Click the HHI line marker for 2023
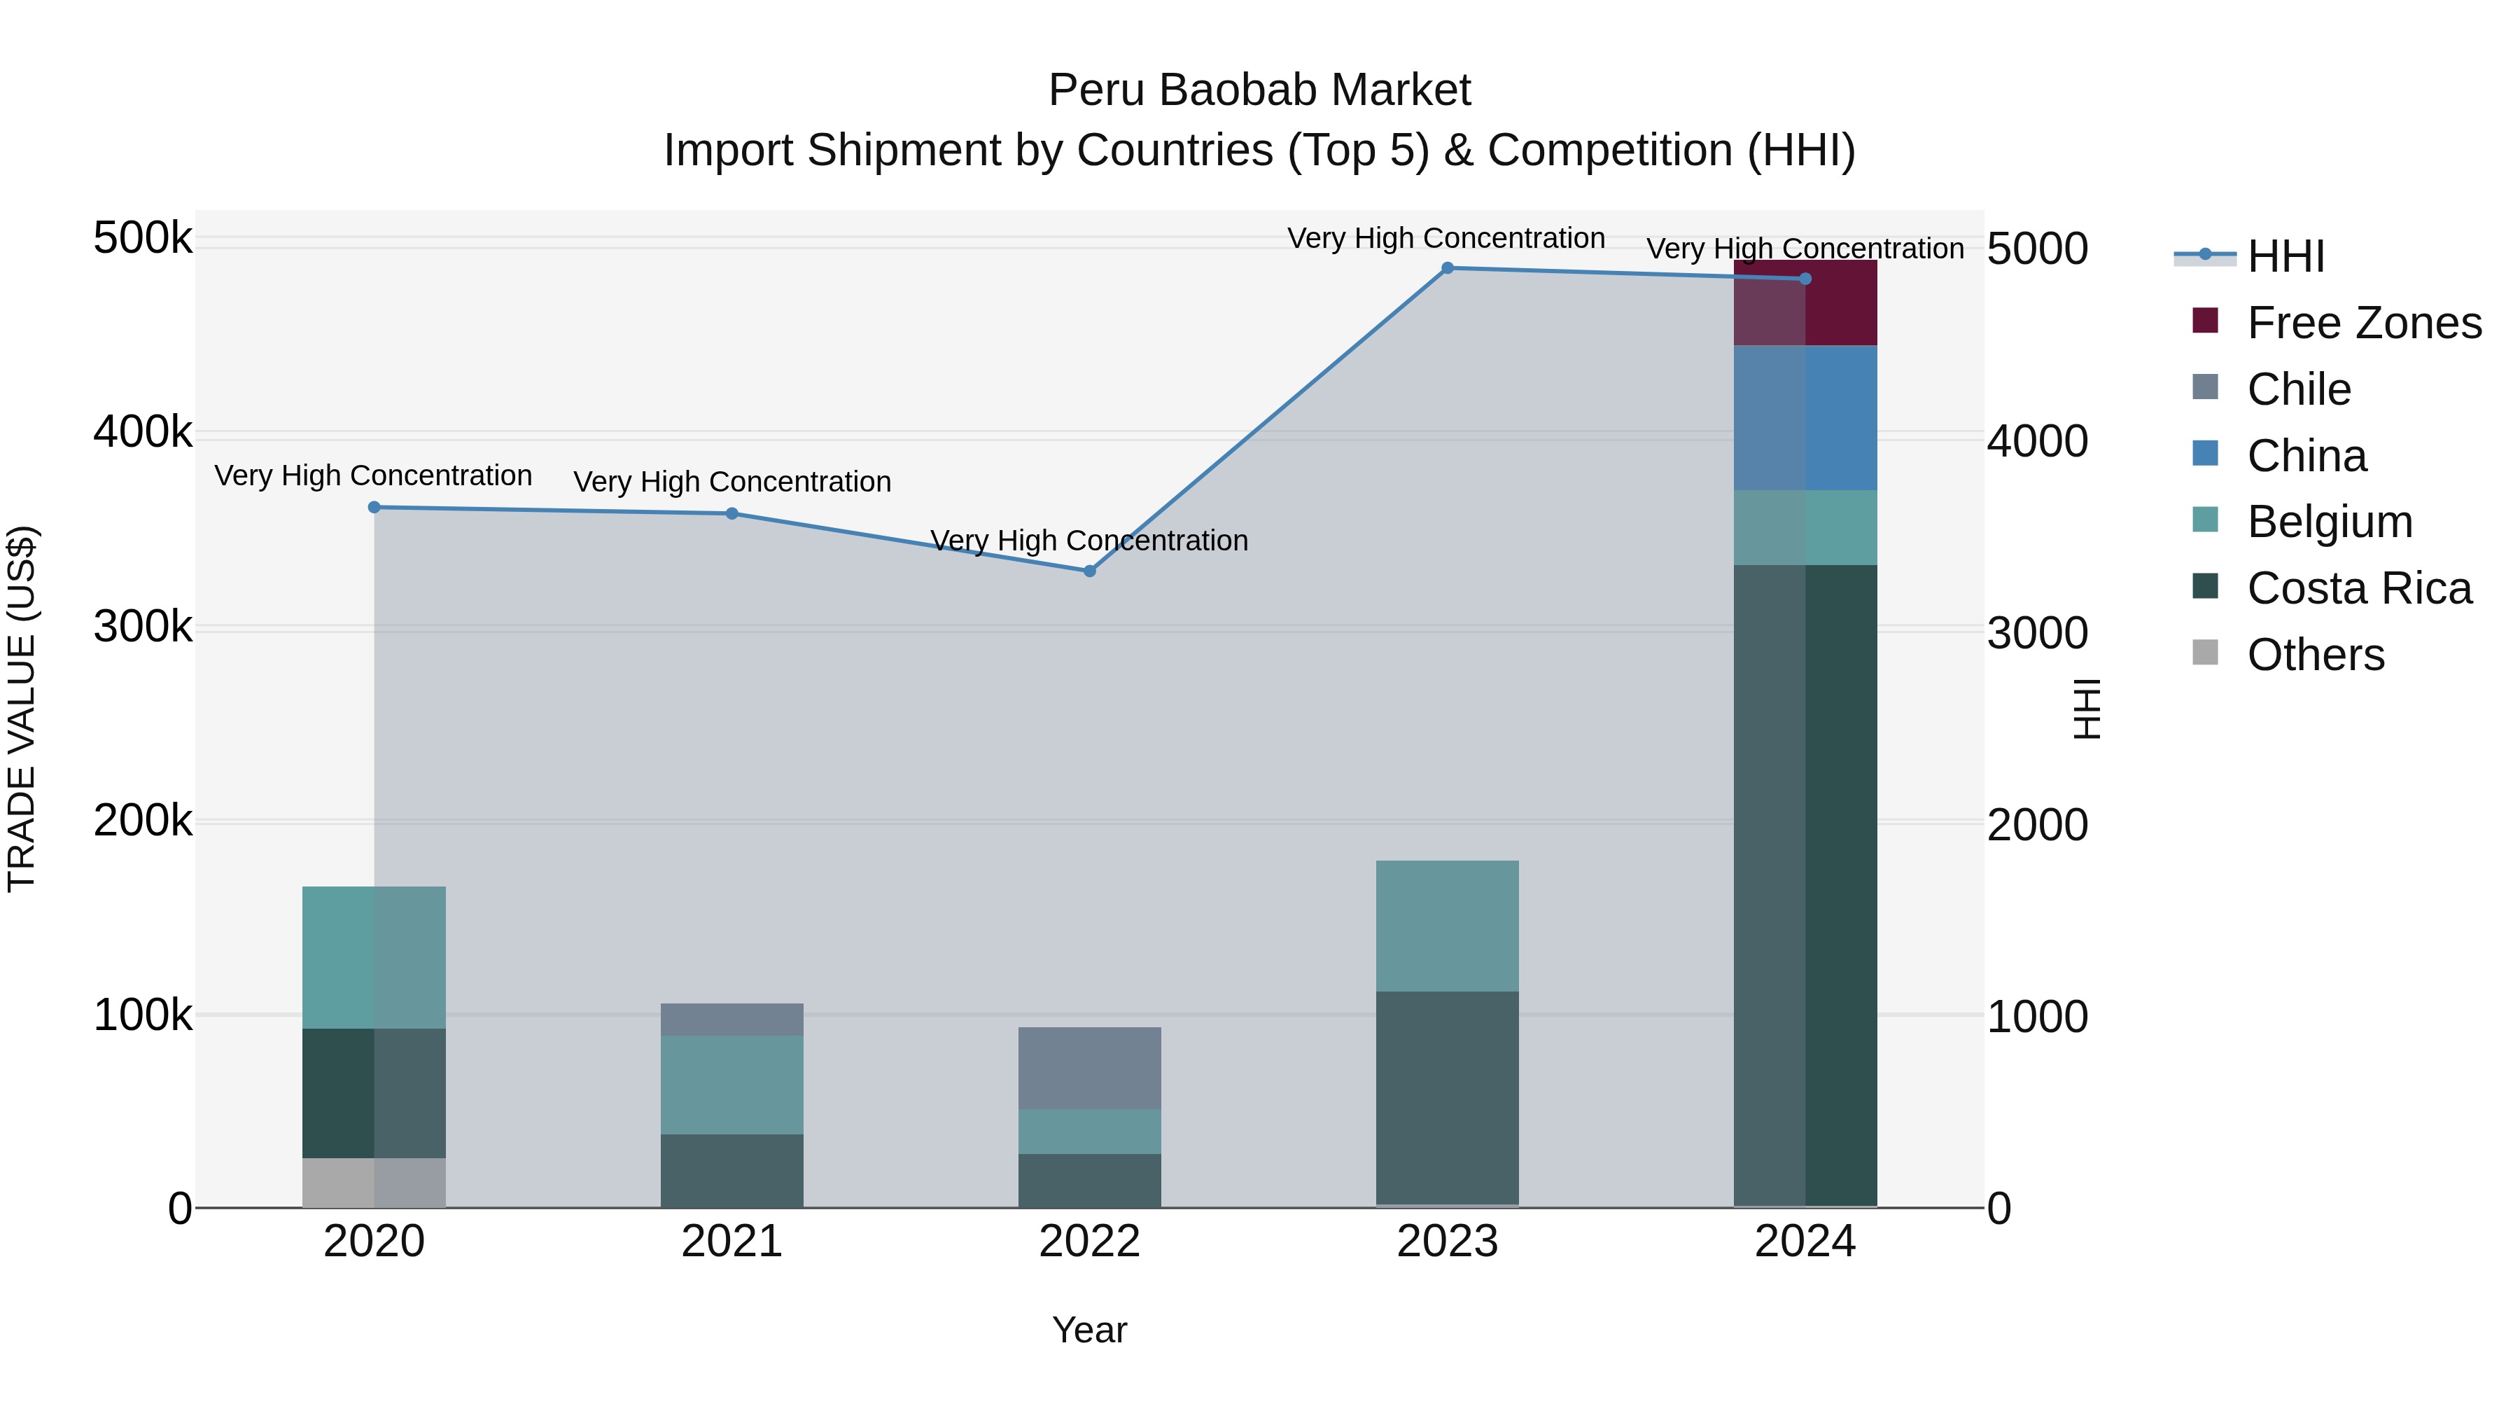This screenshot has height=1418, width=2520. [x=1447, y=268]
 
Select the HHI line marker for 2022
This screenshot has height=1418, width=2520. [x=1090, y=571]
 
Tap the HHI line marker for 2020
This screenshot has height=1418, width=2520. [x=374, y=507]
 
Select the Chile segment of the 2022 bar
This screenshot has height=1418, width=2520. [x=1090, y=1068]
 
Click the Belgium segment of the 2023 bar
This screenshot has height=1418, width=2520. [x=1447, y=926]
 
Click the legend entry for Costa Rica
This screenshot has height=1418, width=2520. [x=2358, y=588]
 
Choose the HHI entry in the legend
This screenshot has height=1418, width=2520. [x=2285, y=256]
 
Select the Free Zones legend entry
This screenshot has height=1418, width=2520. [x=2363, y=323]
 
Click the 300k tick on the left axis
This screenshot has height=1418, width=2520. [x=143, y=626]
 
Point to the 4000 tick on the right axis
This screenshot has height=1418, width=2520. [x=2037, y=441]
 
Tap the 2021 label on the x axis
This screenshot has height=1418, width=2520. [x=731, y=1242]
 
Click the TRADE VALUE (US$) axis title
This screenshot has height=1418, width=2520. [x=22, y=709]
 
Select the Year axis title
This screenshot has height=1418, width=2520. [x=1090, y=1330]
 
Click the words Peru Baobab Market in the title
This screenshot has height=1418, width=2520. [x=1259, y=90]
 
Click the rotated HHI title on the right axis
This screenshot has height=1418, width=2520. [x=2087, y=709]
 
